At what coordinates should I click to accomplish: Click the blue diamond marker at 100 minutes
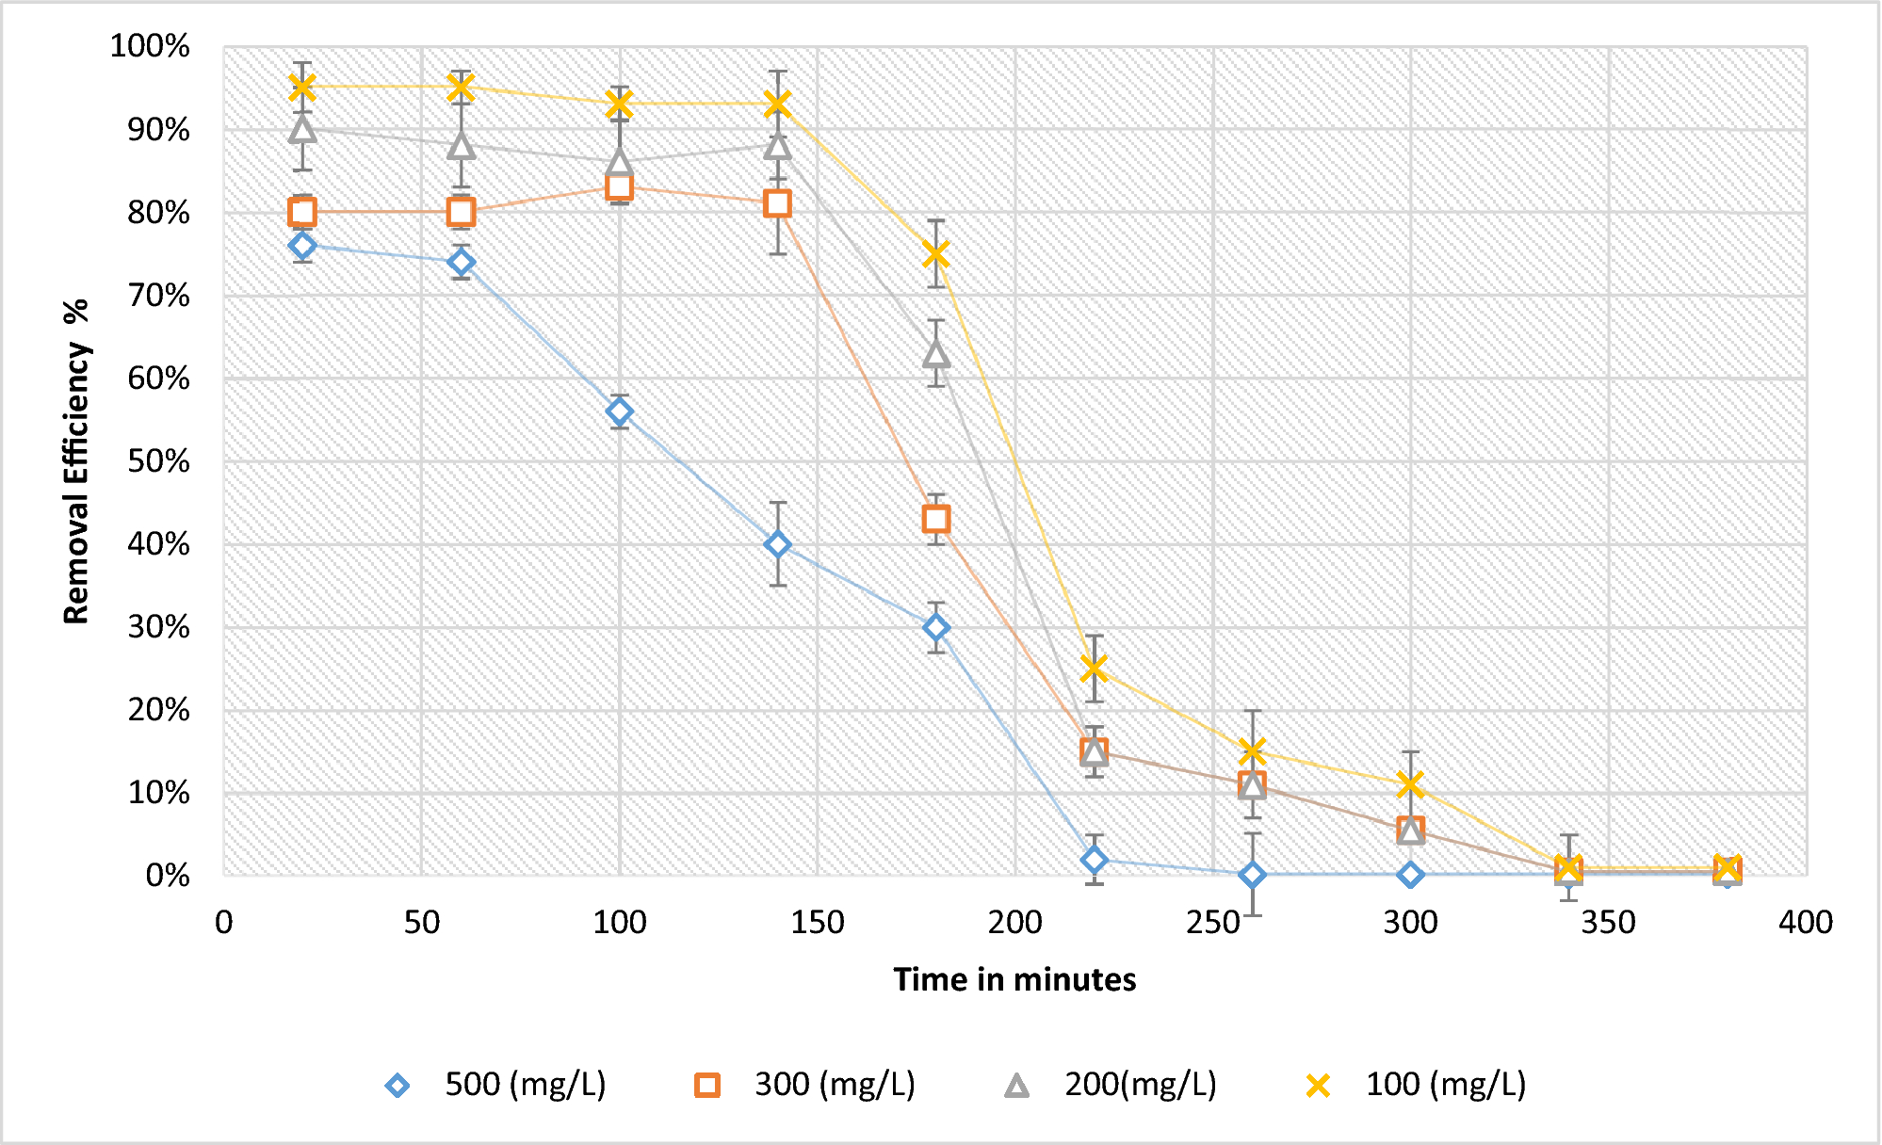[x=619, y=411]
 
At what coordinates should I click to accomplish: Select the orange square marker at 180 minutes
[x=935, y=519]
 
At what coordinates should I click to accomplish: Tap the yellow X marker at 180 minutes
[x=935, y=254]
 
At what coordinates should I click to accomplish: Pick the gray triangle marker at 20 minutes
[x=302, y=129]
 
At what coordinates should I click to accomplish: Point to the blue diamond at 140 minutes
[x=777, y=544]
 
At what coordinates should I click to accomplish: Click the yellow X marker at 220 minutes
[x=1094, y=669]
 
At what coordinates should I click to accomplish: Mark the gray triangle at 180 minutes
[x=935, y=354]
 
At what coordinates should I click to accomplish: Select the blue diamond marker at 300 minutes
[x=1410, y=875]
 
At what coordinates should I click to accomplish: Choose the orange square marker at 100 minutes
[x=619, y=187]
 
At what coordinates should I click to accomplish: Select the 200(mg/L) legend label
[x=1140, y=1085]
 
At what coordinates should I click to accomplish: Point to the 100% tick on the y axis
[x=150, y=46]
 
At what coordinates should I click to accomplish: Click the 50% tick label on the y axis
[x=158, y=461]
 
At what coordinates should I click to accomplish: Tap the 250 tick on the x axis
[x=1212, y=922]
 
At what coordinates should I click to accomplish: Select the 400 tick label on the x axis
[x=1805, y=922]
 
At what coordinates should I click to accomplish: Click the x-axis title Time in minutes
[x=1014, y=979]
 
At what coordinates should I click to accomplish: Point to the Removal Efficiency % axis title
[x=76, y=461]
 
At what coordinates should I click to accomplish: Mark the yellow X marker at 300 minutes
[x=1410, y=783]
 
